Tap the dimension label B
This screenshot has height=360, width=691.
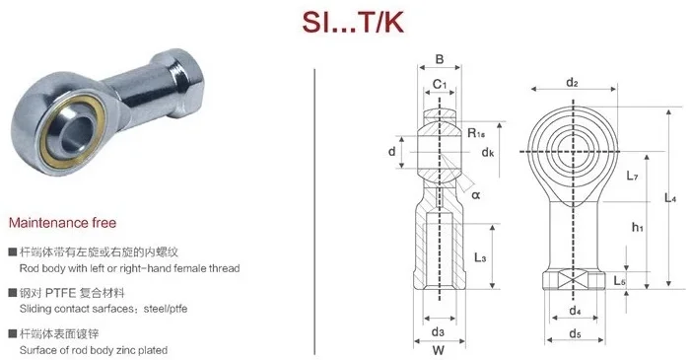coord(440,59)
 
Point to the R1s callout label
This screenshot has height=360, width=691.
coord(476,131)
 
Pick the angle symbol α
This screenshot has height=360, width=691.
coord(475,195)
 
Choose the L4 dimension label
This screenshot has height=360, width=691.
coord(671,199)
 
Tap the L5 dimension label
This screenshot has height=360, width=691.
coord(621,281)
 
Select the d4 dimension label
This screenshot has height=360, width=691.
coord(573,313)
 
